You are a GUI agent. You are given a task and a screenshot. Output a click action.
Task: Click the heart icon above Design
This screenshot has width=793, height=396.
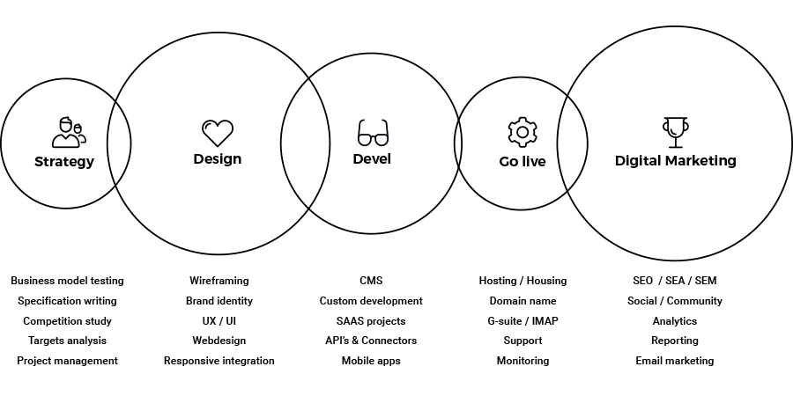click(218, 133)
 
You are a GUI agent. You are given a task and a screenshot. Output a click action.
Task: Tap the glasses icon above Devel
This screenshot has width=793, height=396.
click(372, 133)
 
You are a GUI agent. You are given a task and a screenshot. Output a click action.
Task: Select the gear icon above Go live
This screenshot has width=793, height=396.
click(522, 132)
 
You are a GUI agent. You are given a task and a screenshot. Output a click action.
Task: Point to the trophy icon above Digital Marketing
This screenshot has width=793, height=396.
click(675, 132)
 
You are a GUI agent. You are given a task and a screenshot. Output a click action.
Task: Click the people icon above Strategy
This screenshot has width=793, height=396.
click(68, 132)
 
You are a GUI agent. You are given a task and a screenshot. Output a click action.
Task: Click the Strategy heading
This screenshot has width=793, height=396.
click(64, 162)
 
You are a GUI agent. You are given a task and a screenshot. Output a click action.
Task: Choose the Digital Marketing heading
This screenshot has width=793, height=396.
click(676, 161)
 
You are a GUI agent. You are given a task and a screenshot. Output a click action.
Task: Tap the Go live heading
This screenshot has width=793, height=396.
click(522, 162)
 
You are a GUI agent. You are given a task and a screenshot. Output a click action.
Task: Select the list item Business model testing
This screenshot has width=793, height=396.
click(67, 281)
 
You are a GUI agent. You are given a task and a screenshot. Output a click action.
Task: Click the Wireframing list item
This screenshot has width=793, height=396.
click(219, 281)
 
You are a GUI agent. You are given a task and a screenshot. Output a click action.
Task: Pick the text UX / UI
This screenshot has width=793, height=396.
click(219, 321)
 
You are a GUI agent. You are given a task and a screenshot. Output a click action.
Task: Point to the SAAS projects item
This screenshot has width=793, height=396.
click(371, 321)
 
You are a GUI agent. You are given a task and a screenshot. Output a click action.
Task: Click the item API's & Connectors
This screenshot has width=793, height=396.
click(371, 341)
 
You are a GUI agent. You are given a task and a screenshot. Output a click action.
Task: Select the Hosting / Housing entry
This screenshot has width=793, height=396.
click(522, 281)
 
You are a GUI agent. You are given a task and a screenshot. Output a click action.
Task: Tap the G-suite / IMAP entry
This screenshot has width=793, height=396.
click(522, 321)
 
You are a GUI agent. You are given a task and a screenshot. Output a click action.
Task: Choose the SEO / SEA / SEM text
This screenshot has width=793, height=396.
click(675, 281)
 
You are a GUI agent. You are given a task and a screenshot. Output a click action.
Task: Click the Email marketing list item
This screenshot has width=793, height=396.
click(675, 361)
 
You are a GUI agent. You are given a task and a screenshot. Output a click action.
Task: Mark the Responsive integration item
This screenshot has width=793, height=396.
click(219, 361)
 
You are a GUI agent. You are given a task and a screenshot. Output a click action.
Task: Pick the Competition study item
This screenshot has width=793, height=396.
click(67, 321)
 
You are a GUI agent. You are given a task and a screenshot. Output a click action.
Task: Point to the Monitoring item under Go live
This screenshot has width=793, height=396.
click(522, 361)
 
